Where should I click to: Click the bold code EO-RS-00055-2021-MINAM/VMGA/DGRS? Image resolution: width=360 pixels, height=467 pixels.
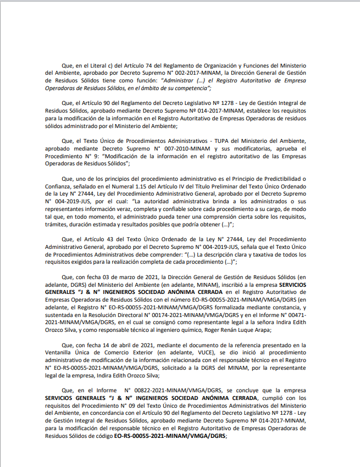(170, 435)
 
